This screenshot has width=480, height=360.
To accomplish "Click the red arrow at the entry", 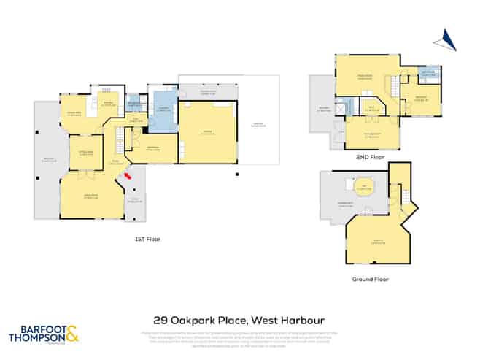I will (x=128, y=175).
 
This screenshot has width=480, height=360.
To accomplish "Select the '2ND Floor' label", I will (x=371, y=157).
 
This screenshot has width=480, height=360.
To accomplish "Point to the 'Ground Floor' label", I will (x=371, y=279).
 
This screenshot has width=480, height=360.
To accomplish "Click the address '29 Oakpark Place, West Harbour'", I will (x=239, y=320).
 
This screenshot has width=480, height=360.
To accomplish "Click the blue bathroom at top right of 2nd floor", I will (x=430, y=74).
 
